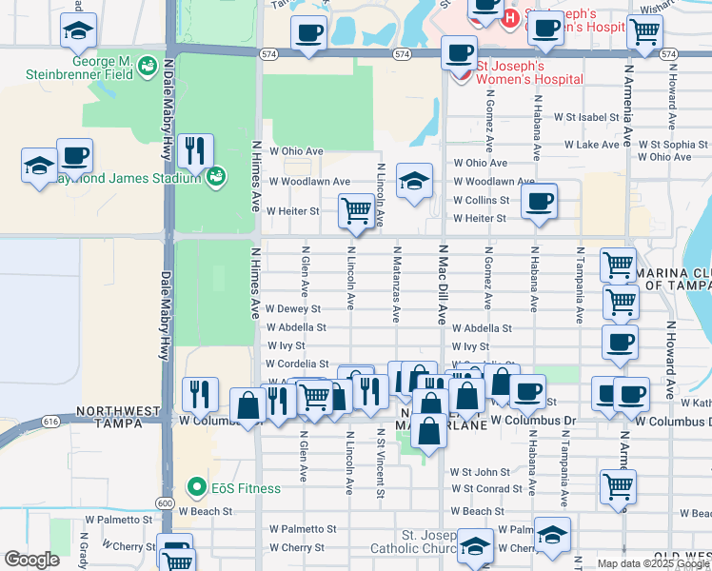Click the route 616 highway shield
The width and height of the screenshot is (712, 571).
click(51, 419)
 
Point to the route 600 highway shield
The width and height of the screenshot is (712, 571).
click(165, 502)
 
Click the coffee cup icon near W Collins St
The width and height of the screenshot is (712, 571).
click(539, 201)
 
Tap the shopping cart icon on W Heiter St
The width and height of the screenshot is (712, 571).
click(356, 209)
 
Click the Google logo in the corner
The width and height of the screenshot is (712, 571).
click(31, 560)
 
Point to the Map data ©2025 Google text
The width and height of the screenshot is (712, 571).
click(653, 563)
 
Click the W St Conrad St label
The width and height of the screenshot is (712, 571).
click(487, 489)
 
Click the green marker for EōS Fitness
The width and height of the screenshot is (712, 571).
click(198, 488)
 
